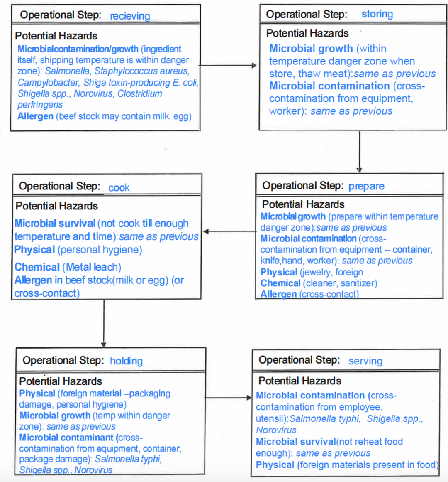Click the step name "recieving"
point(130,16)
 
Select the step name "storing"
point(377,14)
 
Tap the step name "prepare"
point(366,186)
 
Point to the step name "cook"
point(119,188)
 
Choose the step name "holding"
point(126,361)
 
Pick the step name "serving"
point(365,361)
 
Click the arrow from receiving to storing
point(229,65)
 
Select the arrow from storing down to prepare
point(359,152)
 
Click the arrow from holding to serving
point(229,398)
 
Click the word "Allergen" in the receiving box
point(35,116)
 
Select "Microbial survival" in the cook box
point(55,224)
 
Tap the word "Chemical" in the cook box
point(37,267)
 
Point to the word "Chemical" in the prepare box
point(280,283)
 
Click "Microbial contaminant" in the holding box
point(66,438)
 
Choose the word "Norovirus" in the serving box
point(276,430)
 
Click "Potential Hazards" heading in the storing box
point(307,33)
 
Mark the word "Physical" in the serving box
point(275,465)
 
